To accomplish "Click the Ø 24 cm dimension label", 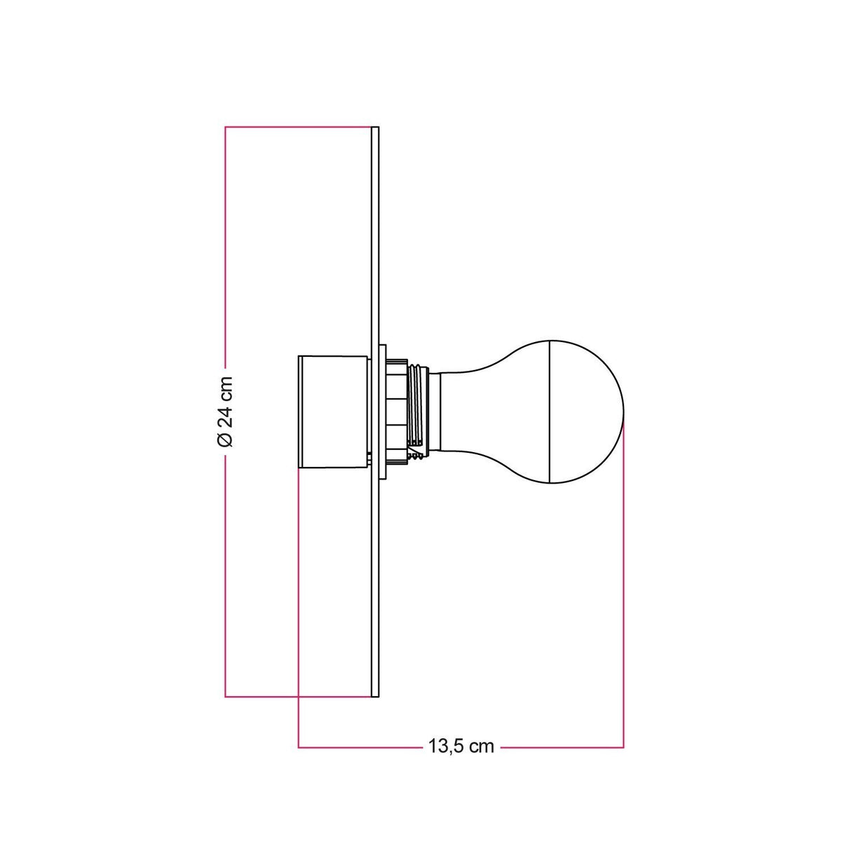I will point(225,411).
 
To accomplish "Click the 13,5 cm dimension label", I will point(461,746).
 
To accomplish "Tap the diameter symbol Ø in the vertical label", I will point(225,440).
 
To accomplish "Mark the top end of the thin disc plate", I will point(374,129).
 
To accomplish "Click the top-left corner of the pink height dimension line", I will point(225,127).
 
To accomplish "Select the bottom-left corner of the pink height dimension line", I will point(225,696).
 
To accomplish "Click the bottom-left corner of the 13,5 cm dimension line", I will point(299,747).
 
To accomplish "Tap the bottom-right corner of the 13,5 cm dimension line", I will point(623,747).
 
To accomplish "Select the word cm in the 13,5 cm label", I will point(481,746).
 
